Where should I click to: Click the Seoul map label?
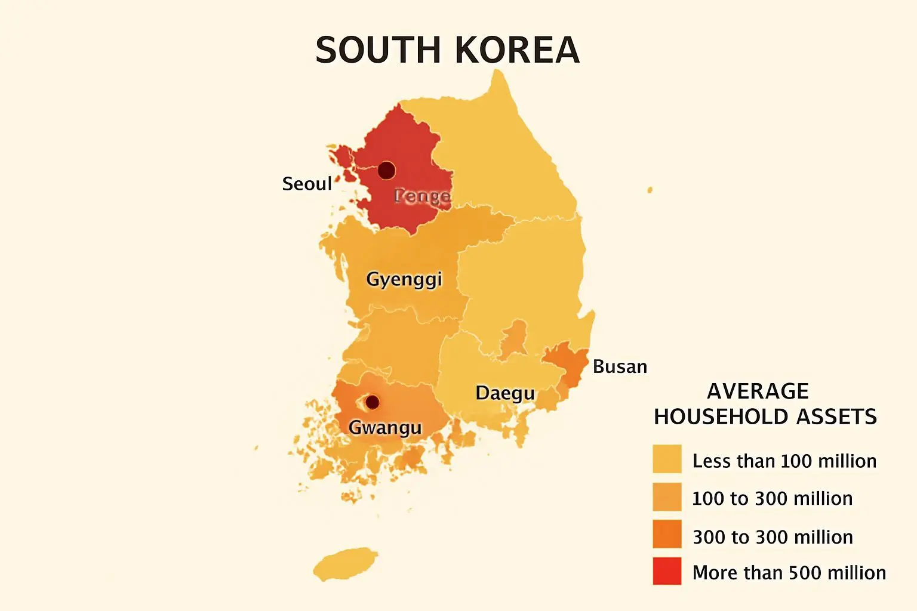[306, 184]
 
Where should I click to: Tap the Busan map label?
[620, 366]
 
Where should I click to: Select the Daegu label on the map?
[505, 393]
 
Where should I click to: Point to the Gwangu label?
[385, 428]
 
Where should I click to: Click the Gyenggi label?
[404, 279]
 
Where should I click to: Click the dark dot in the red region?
[387, 170]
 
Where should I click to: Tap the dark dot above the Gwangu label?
[372, 402]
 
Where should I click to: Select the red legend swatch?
[667, 571]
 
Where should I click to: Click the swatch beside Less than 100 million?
[667, 459]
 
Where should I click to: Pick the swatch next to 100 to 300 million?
[667, 497]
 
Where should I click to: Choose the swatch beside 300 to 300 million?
[667, 534]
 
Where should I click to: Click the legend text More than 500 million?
[789, 573]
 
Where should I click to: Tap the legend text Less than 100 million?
[784, 461]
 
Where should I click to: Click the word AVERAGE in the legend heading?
[758, 391]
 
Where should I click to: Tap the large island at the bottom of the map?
[345, 564]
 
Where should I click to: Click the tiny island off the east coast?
[650, 190]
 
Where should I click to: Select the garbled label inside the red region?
[422, 196]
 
